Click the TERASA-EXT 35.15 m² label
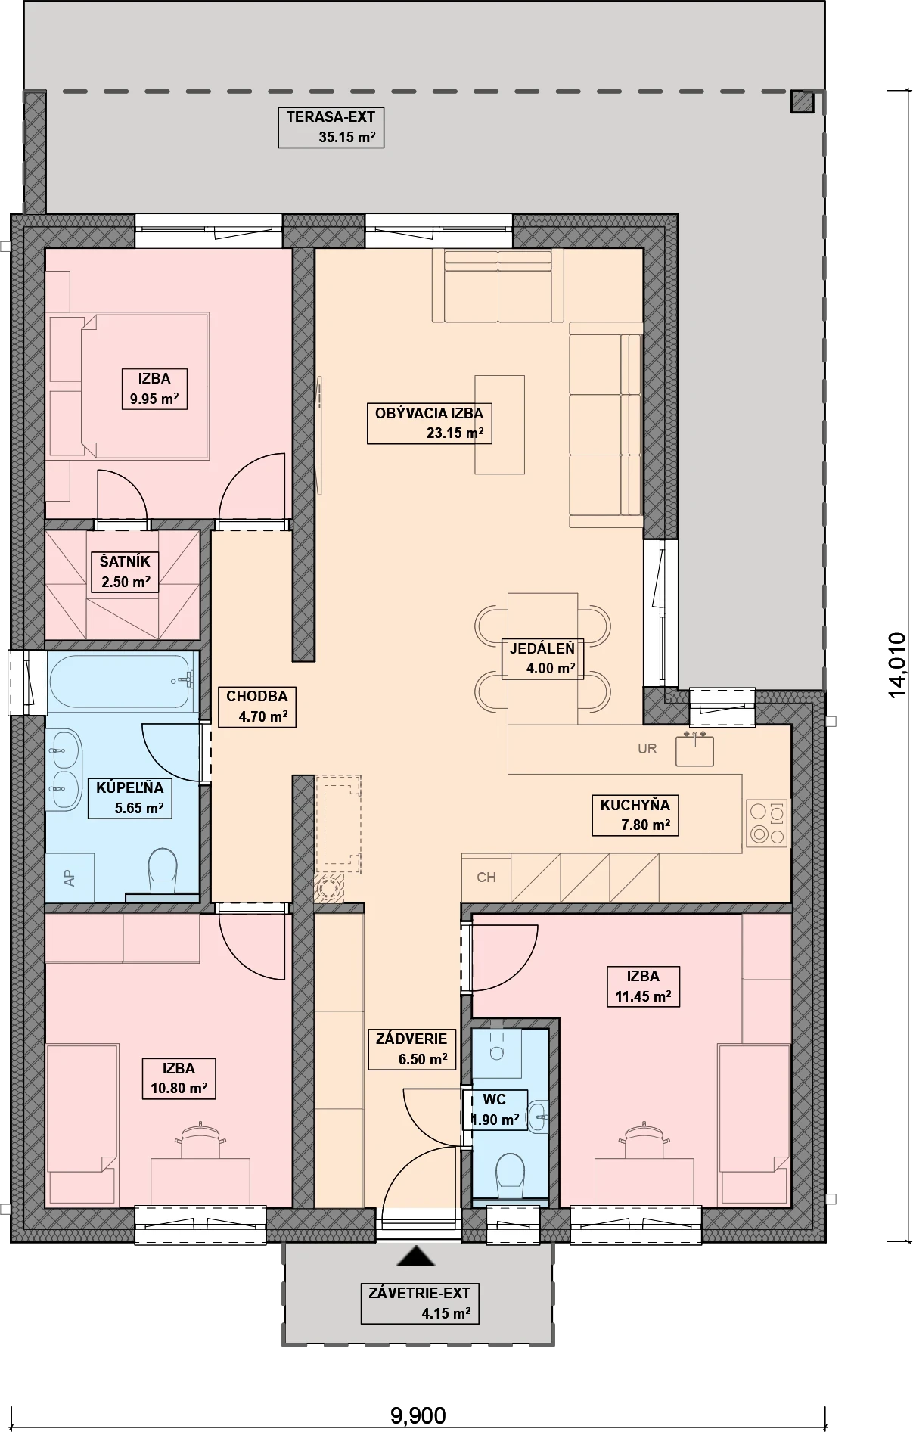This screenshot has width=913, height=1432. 331,127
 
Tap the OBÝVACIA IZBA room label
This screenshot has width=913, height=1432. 430,423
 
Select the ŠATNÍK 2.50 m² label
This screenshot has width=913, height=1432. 126,572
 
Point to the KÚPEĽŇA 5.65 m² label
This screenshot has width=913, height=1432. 129,798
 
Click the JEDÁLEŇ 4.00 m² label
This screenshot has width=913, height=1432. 542,659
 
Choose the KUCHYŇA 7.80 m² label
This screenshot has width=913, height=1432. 635,815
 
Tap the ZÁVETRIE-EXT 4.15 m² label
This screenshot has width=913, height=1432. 420,1303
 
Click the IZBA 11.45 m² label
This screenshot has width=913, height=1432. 643,986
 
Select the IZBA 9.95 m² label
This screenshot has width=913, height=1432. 154,389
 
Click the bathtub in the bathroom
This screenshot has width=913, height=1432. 120,681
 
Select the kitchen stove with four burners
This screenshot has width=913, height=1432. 767,823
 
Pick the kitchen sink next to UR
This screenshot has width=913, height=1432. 694,749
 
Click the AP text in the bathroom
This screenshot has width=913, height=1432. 70,878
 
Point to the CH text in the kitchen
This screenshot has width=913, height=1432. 486,878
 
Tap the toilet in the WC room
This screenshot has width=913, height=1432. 510,1174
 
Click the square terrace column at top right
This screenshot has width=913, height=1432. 802,102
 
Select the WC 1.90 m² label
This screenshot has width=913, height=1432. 495,1110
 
